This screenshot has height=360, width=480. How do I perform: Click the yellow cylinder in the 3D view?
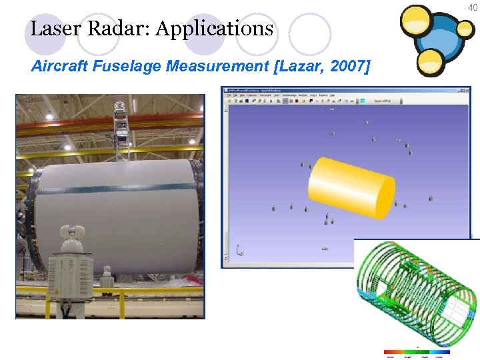click(351, 189)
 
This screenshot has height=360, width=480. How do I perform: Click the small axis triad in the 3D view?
click(239, 251)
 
